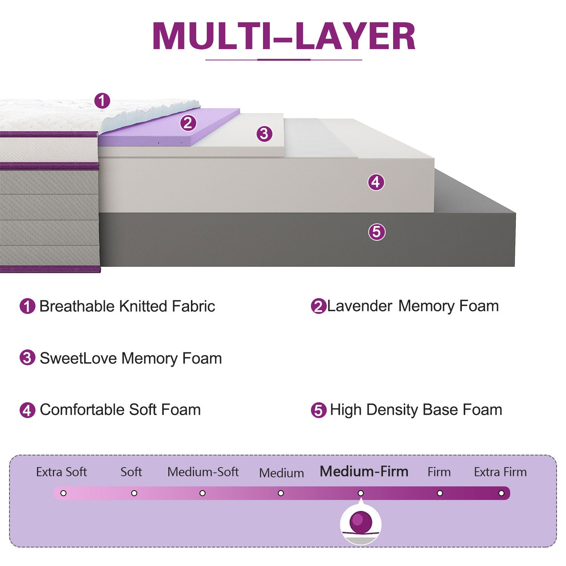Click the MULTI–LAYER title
click(284, 36)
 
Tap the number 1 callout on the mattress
click(102, 101)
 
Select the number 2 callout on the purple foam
click(188, 123)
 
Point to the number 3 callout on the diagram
click(264, 134)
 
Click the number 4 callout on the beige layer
click(376, 182)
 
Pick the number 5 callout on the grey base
click(377, 232)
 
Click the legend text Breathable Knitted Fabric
click(127, 306)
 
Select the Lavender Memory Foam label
click(413, 306)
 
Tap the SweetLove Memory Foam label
click(131, 358)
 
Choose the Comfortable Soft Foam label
click(120, 410)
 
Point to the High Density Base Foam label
click(416, 410)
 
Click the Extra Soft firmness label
click(62, 472)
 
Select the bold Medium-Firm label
click(364, 472)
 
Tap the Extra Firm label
click(500, 472)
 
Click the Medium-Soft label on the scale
click(203, 472)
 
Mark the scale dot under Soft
click(134, 493)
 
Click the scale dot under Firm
click(440, 493)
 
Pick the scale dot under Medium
click(281, 493)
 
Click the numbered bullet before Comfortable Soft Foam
click(27, 410)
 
